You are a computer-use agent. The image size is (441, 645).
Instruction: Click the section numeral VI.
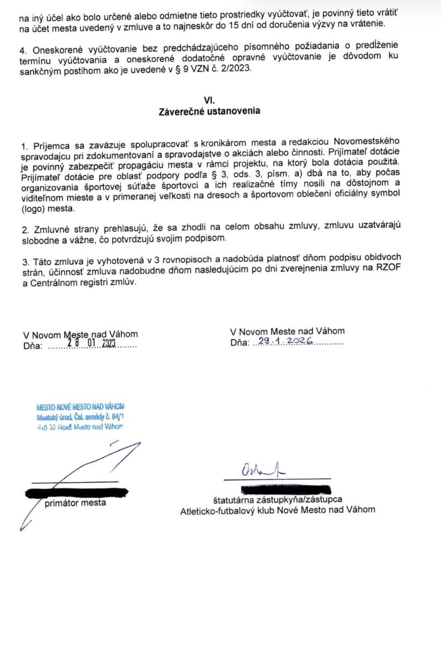209,100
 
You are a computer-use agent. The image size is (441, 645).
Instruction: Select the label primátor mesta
75,503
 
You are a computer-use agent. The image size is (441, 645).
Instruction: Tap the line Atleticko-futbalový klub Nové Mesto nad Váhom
278,510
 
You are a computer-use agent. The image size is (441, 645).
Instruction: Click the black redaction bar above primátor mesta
76,492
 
